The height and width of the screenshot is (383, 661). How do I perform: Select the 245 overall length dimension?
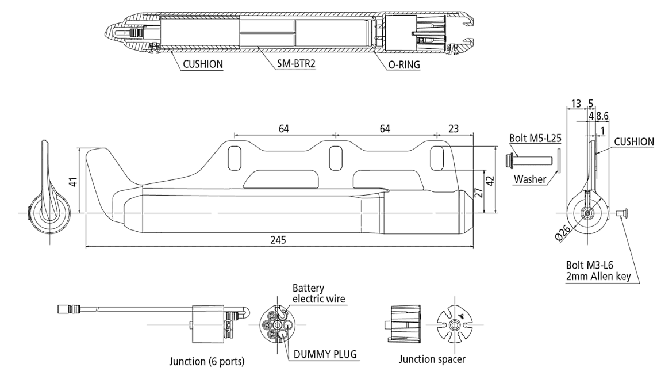tap(279, 240)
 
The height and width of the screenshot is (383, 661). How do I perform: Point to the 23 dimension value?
tap(454, 129)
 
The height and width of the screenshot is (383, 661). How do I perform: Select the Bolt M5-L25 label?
tap(535, 139)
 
